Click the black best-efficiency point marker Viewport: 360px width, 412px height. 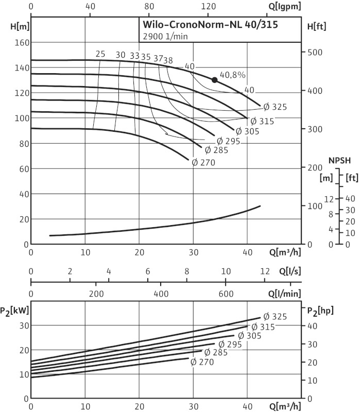214,79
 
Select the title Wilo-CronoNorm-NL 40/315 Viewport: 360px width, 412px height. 210,27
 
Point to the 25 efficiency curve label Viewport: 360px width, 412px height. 100,55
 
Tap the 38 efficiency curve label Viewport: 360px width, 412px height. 168,60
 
